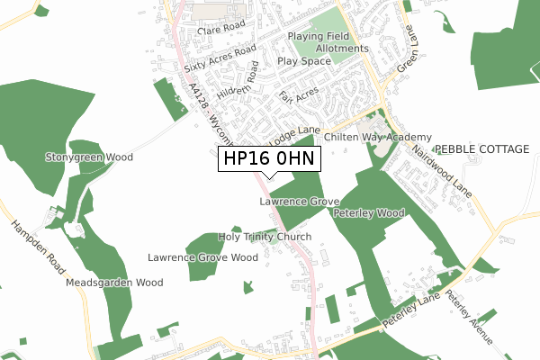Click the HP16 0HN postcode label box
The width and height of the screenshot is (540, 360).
(x=269, y=158)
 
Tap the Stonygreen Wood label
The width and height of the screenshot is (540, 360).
(x=89, y=157)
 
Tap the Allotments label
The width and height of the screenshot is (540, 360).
(x=341, y=49)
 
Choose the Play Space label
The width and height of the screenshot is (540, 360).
(x=305, y=61)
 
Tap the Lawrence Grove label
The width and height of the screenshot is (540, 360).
(x=300, y=202)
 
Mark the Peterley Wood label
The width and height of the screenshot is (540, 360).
(x=369, y=213)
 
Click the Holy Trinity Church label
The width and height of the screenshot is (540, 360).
(x=265, y=237)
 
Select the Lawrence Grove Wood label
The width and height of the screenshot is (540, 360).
(x=202, y=257)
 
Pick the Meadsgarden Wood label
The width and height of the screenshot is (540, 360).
(x=114, y=282)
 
